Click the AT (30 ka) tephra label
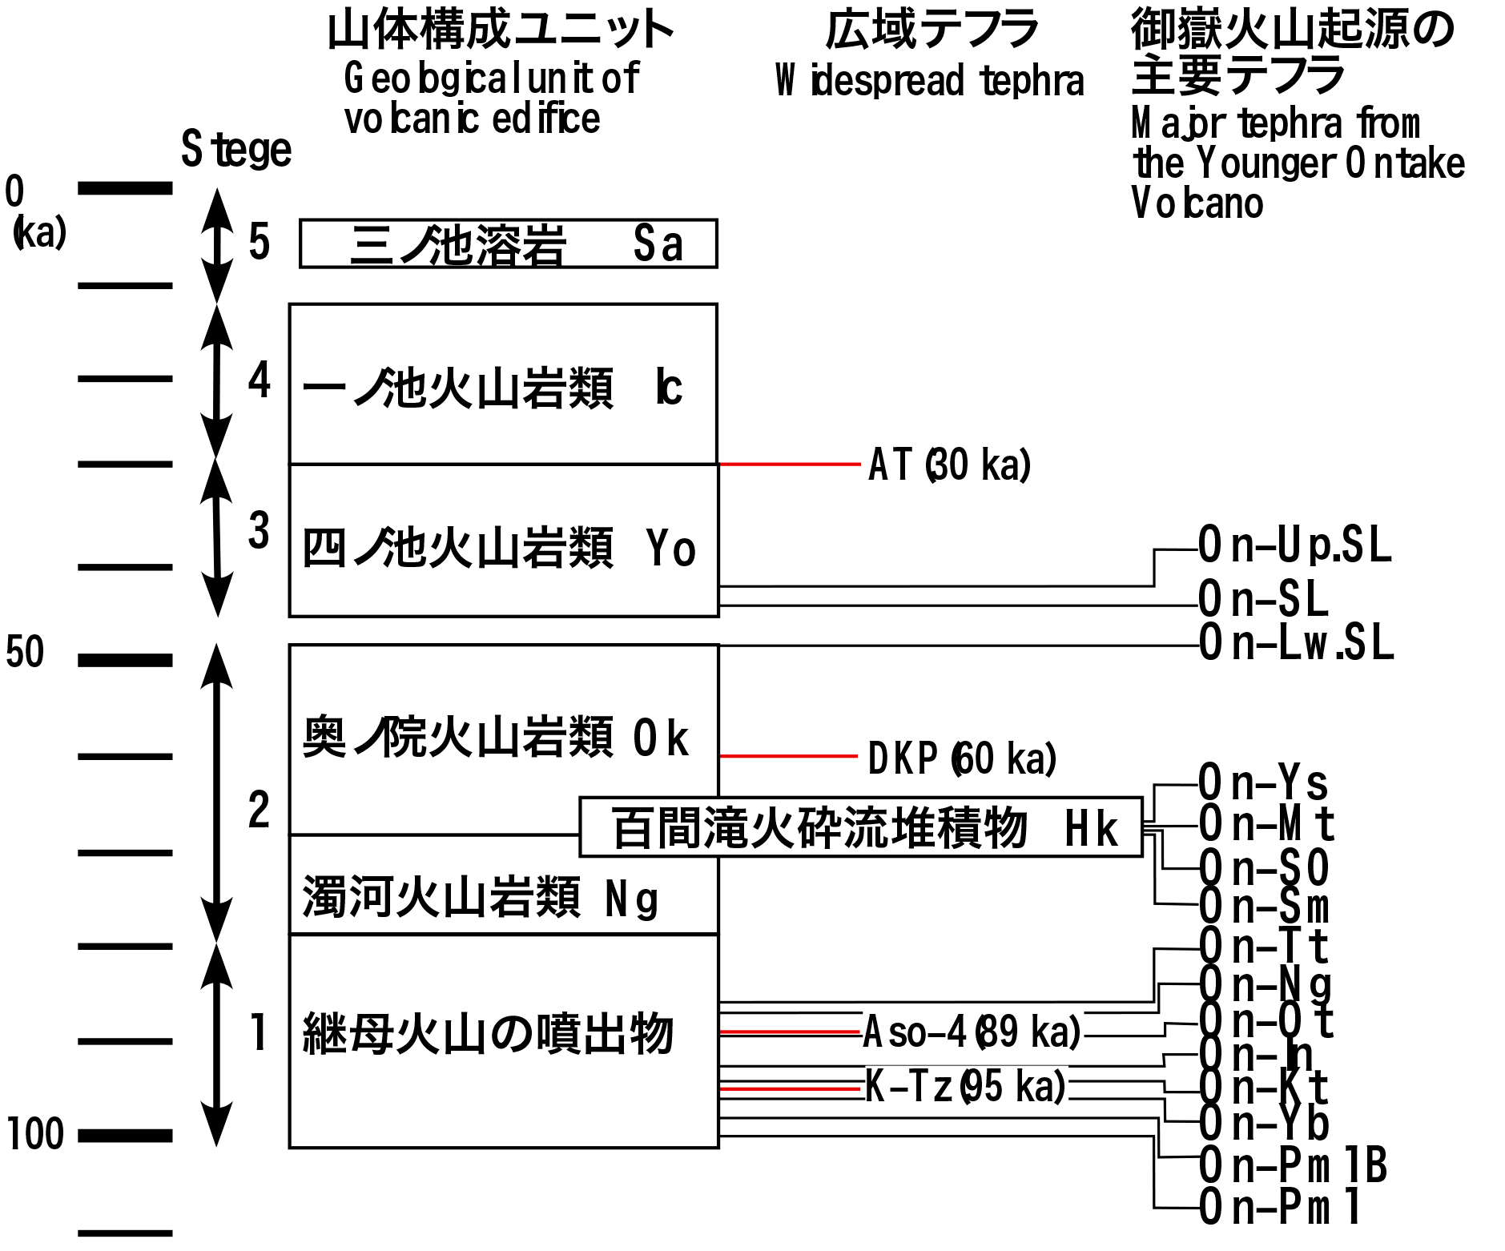[x=949, y=465]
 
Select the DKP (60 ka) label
[x=961, y=758]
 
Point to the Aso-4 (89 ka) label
[x=972, y=1032]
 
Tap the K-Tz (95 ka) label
[x=965, y=1087]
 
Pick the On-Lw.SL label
[x=1296, y=643]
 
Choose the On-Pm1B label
[x=1293, y=1165]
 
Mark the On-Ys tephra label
[x=1263, y=782]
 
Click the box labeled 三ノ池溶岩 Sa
[x=508, y=243]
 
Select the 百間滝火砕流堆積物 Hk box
[x=860, y=827]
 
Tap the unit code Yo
[x=670, y=549]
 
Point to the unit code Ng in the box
[x=631, y=899]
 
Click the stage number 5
[x=259, y=242]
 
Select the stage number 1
[x=258, y=1032]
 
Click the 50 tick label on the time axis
[x=25, y=653]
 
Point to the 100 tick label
[x=35, y=1135]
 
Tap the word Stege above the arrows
[x=236, y=150]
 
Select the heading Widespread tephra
[x=929, y=81]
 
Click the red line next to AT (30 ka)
[x=790, y=464]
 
